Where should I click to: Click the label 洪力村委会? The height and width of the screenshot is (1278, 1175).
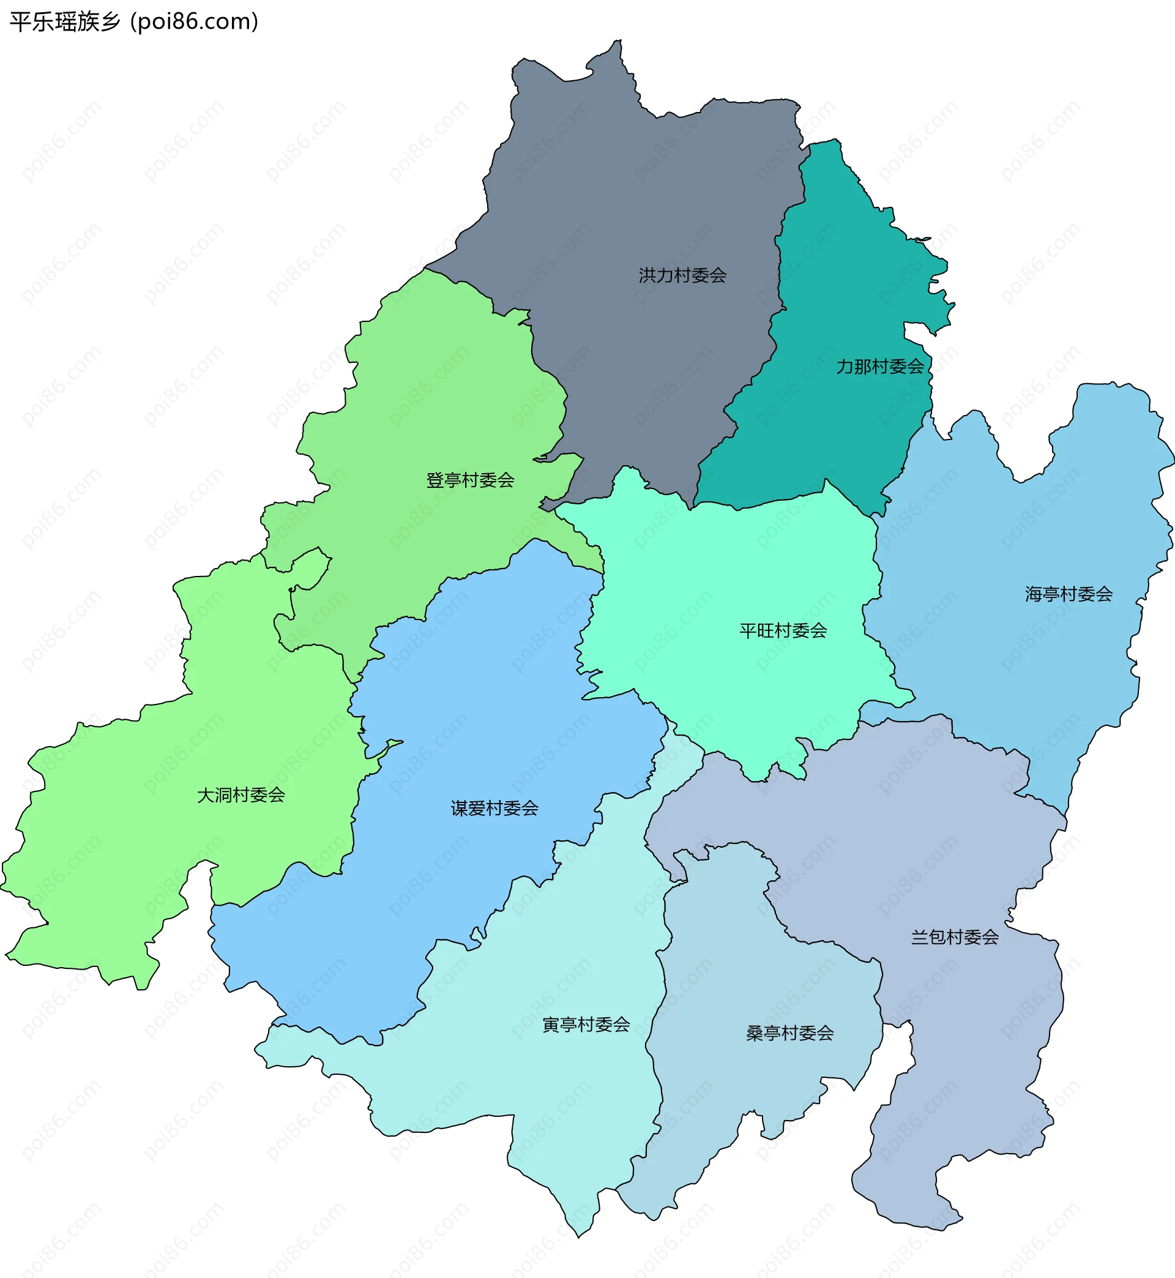click(682, 275)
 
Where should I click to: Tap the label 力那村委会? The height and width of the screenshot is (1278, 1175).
click(880, 367)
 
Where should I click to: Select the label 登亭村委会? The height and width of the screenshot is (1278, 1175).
click(470, 480)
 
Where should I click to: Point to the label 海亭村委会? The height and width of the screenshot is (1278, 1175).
click(1069, 594)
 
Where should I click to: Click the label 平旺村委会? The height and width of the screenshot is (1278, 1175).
click(783, 630)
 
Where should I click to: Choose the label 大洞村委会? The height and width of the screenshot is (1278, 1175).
click(241, 795)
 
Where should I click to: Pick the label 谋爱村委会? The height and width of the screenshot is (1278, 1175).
click(494, 808)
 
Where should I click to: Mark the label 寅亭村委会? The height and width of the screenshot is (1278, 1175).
click(586, 1025)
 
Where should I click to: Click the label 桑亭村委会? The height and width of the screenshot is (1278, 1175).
click(789, 1033)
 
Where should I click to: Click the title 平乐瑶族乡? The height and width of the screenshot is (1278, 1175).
click(65, 22)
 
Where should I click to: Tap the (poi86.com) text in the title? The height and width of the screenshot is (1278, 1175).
click(195, 22)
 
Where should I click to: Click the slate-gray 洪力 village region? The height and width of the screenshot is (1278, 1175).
click(623, 191)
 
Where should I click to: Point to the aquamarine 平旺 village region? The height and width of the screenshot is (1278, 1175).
click(731, 572)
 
